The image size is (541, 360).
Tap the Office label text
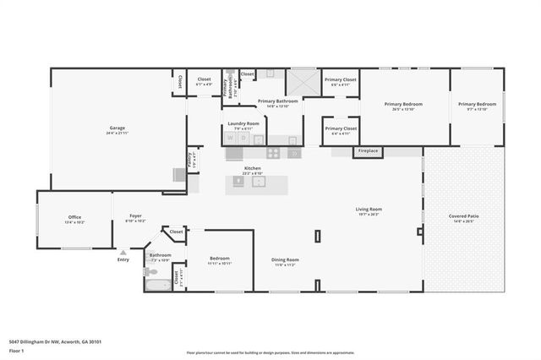[x=75, y=218]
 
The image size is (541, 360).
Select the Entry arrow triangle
[x=124, y=251]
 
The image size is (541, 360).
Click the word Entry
[x=124, y=259]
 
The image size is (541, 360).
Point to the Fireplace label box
[x=368, y=151]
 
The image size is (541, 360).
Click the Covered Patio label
[x=463, y=217]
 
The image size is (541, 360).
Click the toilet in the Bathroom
[x=150, y=271]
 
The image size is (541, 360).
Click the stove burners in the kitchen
[x=274, y=153]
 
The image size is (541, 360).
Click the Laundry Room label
[x=243, y=125]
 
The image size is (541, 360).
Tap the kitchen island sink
[x=260, y=181]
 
